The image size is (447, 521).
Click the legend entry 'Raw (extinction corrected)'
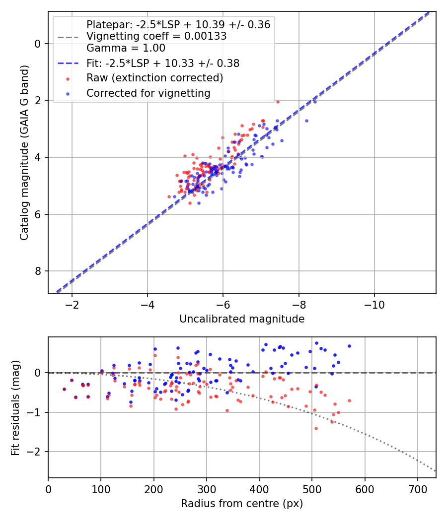pos(154,78)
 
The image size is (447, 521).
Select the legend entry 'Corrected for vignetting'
pos(149,93)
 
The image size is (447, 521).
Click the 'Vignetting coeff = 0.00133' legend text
pos(156,36)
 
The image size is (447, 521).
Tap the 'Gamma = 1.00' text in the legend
pos(126,48)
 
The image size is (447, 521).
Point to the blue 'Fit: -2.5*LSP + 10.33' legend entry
pos(163,63)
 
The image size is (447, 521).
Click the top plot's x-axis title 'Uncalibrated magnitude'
pos(242,319)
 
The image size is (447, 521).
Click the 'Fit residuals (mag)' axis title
pos(15,407)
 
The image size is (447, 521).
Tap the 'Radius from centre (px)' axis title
pos(242,504)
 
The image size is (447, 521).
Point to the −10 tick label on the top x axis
pos(374,304)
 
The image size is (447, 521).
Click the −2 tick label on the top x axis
pos(72,304)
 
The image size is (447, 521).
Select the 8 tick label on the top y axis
pos(38,271)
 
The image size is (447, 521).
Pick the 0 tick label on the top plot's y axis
pos(38,44)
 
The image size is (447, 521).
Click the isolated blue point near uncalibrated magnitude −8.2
pos(306,121)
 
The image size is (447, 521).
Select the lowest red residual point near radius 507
pos(316,428)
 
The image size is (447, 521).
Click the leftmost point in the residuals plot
pos(64,389)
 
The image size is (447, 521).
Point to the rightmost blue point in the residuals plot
pos(349,346)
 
